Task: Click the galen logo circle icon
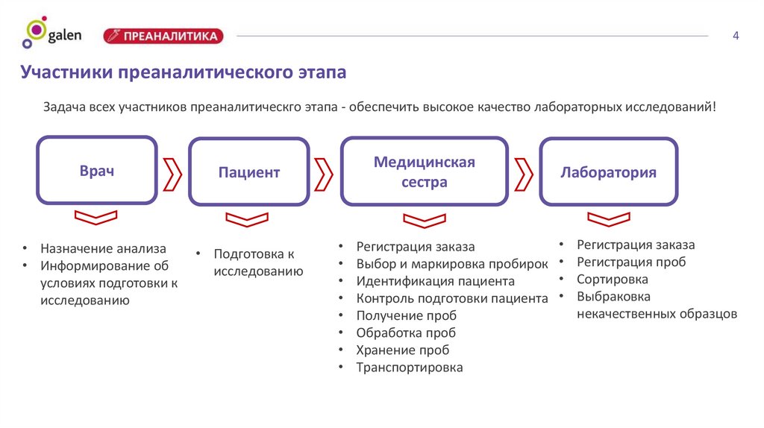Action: point(34,33)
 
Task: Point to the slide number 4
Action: point(736,36)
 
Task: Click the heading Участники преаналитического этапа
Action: point(184,73)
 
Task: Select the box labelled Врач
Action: point(97,171)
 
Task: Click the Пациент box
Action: point(248,172)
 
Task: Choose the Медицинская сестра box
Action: point(424,171)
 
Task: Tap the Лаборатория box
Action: point(608,172)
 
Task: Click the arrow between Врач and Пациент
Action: point(172,173)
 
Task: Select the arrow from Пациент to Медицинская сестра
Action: point(324,173)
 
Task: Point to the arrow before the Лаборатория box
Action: point(524,173)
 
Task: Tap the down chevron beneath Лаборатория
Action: point(608,218)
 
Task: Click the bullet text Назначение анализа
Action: point(104,248)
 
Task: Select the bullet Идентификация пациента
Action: point(435,282)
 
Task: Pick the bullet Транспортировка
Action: point(409,368)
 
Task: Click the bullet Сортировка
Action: point(612,280)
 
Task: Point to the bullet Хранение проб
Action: point(402,350)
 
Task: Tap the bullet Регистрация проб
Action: point(630,262)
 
